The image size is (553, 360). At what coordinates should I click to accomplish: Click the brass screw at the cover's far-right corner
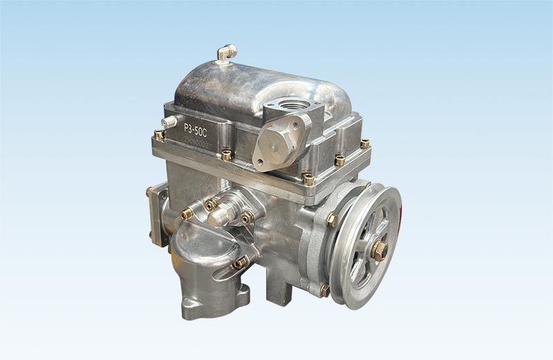(364, 144)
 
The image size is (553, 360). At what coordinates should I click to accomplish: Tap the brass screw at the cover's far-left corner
(159, 135)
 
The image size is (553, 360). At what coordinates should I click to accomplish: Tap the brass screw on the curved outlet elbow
(238, 263)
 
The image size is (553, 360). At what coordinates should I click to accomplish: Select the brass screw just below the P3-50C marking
(226, 155)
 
